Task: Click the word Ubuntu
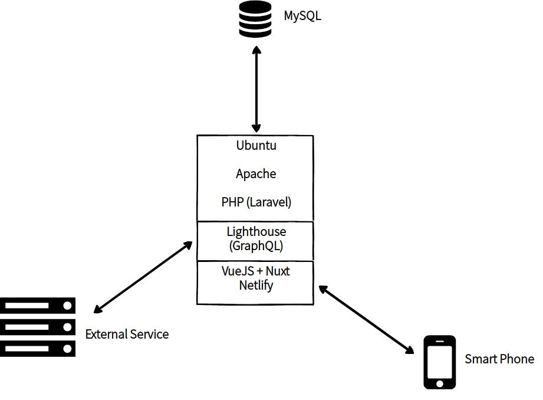coord(256,145)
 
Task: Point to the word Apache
coord(256,174)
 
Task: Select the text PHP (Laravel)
coord(256,202)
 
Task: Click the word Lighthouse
coord(256,232)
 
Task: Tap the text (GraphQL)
coord(256,246)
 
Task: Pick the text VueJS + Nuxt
coord(256,271)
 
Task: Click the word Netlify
coord(256,286)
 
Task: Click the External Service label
coord(127,335)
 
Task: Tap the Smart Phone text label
coord(499,359)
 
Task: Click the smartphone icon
coord(440,362)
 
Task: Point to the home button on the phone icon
coord(440,383)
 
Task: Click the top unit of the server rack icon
coord(38,305)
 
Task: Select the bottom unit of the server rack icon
coord(38,349)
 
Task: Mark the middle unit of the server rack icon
coord(38,327)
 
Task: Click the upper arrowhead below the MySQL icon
coord(256,53)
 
